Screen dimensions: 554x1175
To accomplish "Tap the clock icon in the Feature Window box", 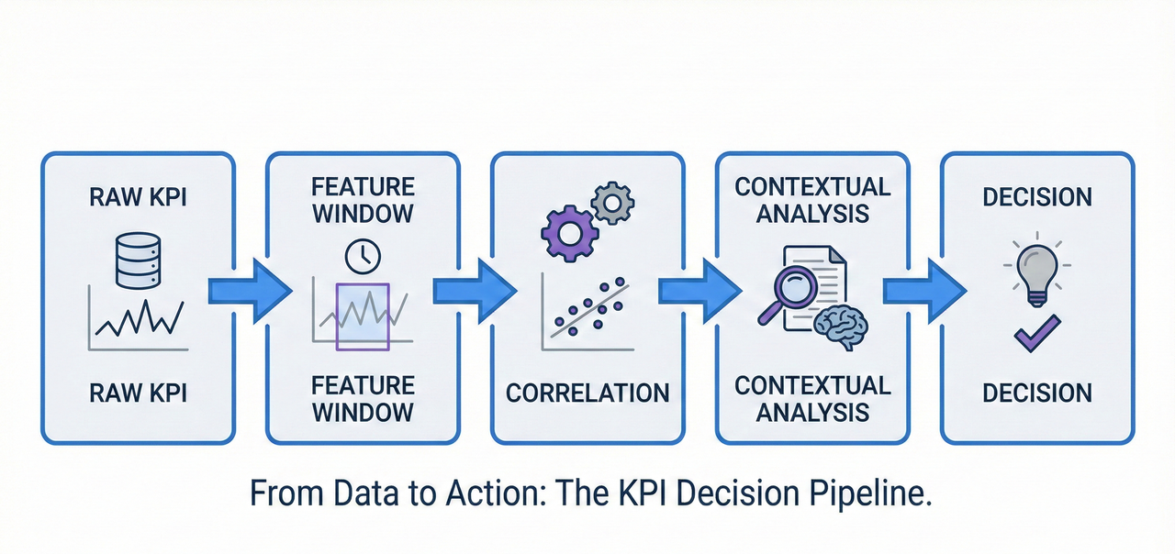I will (x=362, y=257).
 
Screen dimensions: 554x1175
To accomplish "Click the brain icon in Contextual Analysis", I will (x=845, y=325).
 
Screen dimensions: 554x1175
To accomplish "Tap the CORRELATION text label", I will (x=587, y=393).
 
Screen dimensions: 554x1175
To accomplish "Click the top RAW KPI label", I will (x=138, y=197).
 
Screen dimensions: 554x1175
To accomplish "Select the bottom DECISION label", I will (x=1037, y=393).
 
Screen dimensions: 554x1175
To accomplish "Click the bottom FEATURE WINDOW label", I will (x=363, y=398).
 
